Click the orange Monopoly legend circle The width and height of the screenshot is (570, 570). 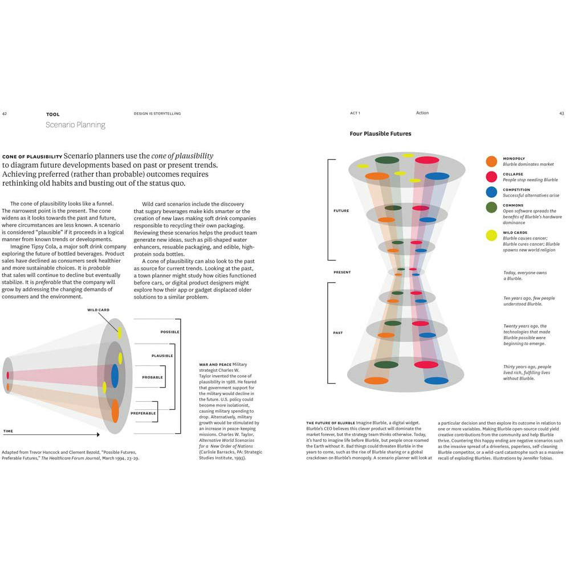pos(491,161)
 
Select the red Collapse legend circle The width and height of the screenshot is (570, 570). pos(491,177)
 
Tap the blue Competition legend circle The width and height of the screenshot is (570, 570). pos(491,192)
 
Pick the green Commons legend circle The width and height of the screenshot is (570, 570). pos(491,207)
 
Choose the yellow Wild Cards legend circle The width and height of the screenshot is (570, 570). pos(491,235)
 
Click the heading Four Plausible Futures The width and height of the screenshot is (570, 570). pos(380,134)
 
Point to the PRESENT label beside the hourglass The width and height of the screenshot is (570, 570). pos(342,272)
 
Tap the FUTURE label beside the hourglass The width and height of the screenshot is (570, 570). pos(341,211)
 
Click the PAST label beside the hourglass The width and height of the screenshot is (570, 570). pos(338,333)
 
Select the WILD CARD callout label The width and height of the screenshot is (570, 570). pos(98,310)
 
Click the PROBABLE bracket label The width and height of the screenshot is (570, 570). pos(152,377)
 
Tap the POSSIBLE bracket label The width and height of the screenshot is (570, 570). pos(170,332)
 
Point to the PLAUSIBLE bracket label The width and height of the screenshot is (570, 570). pos(162,356)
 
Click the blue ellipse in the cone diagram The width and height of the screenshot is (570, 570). pos(115,376)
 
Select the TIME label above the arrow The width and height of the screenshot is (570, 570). pos(8,431)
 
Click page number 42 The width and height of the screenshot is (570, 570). pos(5,114)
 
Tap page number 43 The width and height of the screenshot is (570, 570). pos(561,113)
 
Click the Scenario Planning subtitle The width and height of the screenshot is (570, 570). pos(75,125)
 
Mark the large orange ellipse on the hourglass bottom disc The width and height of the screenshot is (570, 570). pos(376,380)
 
